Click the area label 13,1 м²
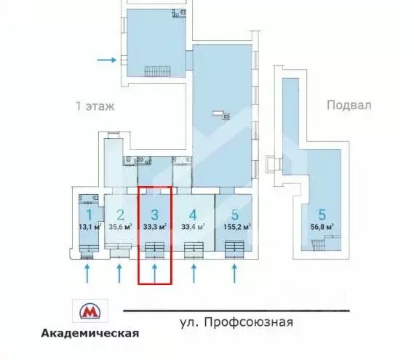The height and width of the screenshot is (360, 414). coord(89,226)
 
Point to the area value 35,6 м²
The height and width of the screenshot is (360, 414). coord(121,226)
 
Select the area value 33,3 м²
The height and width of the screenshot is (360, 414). coord(155,226)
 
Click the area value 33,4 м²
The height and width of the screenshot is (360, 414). coord(193,226)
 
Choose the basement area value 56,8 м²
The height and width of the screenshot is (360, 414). coord(321,227)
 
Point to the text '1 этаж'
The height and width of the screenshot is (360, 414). coord(95,105)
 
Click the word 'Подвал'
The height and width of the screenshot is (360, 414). coord(349,105)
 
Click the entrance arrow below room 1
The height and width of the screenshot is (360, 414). coord(88,273)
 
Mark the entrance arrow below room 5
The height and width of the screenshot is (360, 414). coord(234,273)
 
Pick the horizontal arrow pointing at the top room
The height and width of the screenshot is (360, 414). coord(106,60)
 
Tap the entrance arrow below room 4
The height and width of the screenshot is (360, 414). coord(194,273)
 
